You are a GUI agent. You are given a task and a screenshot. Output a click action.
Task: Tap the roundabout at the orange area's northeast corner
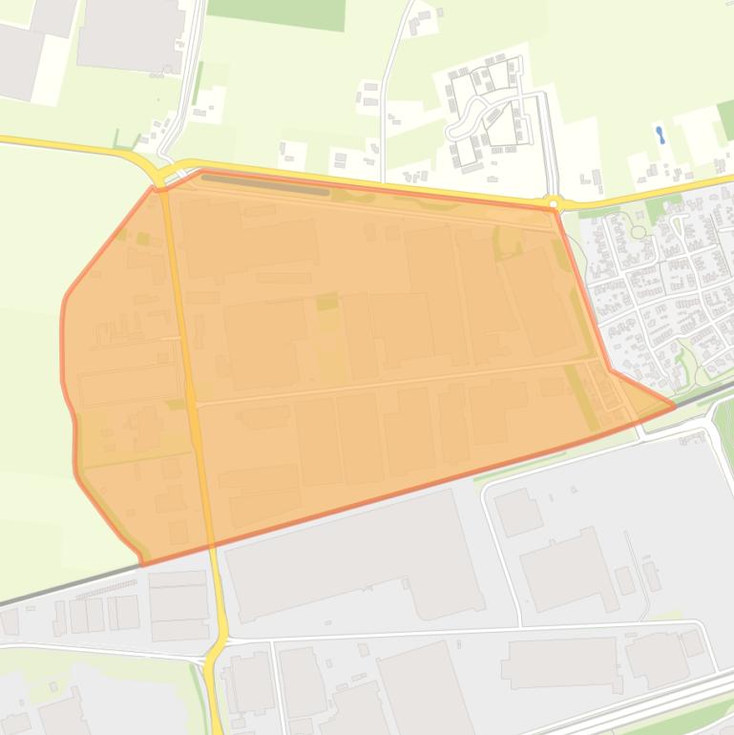tap(554, 202)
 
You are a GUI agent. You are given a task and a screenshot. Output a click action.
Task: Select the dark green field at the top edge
tap(276, 12)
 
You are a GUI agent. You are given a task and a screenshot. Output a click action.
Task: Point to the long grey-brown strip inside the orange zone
tap(265, 184)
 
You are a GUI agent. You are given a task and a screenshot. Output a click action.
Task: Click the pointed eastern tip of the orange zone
tap(674, 406)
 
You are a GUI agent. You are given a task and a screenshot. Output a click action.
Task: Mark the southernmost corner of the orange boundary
tap(143, 563)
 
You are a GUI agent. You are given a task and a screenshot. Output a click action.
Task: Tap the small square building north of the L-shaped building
tap(518, 512)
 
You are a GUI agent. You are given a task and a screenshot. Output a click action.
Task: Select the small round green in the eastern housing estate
tap(638, 232)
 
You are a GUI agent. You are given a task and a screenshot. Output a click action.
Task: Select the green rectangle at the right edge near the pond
tap(724, 119)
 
